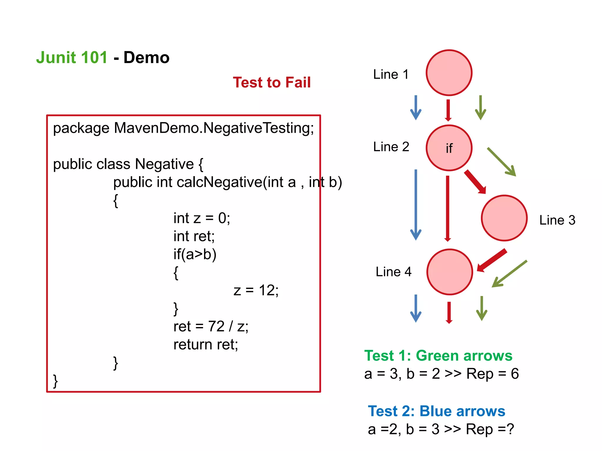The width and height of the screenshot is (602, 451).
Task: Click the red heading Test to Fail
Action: coord(272,83)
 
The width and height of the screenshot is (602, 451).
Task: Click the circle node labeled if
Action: coord(449,148)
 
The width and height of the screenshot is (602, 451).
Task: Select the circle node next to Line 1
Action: coord(449,73)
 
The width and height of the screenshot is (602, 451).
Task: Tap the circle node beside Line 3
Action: coord(504,218)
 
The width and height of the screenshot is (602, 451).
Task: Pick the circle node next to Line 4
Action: coord(449,272)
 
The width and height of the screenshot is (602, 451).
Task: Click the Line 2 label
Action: coord(391,147)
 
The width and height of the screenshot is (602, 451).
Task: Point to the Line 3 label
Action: coord(557,220)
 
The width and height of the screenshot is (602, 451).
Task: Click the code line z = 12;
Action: coord(256,290)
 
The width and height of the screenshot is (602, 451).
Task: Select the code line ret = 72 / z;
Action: coord(211,327)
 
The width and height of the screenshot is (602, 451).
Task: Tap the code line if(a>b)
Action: coord(195,254)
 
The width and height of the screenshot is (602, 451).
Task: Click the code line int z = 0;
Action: coord(202,218)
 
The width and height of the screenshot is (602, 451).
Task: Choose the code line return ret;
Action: coord(205,345)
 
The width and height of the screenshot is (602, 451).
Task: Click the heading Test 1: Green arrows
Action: coord(438,356)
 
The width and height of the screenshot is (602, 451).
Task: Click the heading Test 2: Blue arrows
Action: coord(436,411)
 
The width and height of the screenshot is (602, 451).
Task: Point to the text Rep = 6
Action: coord(492,374)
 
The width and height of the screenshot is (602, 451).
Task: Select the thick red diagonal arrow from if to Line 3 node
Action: coord(474,182)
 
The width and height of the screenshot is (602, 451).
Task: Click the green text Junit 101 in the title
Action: coord(72,58)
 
